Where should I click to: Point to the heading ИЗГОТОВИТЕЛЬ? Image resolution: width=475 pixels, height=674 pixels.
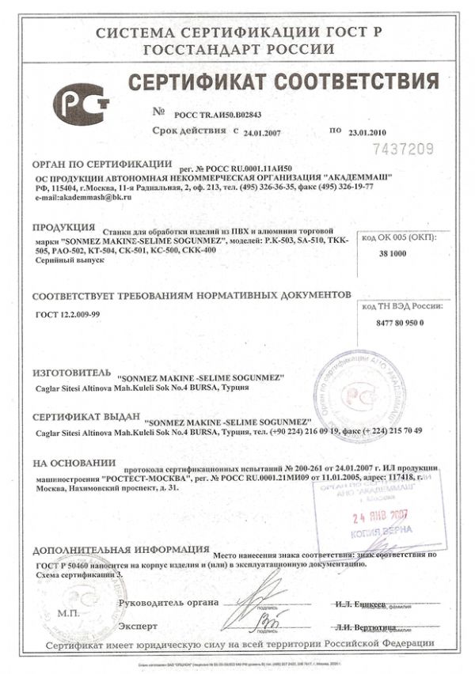click(68, 371)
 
